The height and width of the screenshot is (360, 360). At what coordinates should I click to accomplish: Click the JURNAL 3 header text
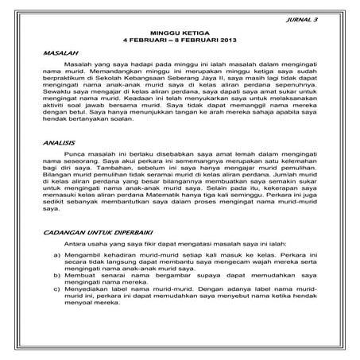pos(305,17)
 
